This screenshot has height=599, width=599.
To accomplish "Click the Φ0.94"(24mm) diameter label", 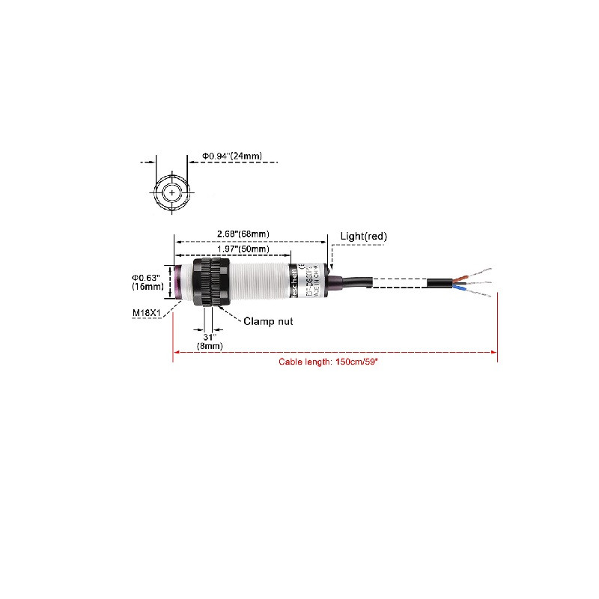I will point(231,156).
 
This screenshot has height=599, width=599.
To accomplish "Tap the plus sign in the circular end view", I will point(174,192).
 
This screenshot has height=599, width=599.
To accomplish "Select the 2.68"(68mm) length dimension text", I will point(243,234).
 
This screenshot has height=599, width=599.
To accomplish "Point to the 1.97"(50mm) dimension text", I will point(243,249).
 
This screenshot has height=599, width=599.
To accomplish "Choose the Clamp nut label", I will point(267,321).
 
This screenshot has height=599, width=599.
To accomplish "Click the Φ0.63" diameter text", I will point(147,277).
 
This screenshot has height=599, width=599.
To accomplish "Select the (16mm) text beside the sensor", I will point(147,287).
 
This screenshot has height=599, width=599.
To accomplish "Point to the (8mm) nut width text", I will point(209,346).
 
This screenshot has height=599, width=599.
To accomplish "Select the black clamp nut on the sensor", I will point(210,282).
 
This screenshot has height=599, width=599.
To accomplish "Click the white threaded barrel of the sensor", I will point(258,282).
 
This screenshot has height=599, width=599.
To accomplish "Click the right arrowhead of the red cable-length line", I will point(495,352).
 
